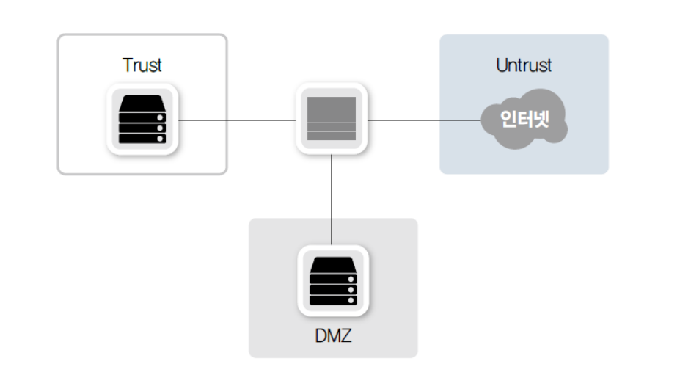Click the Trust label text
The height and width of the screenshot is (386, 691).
point(142,65)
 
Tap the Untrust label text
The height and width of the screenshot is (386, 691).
point(524,65)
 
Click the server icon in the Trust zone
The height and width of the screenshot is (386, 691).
point(142,119)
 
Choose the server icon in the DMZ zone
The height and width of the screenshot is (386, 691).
point(332,280)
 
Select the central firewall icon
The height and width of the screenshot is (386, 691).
point(332,119)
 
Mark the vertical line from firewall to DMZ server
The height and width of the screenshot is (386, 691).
point(332,198)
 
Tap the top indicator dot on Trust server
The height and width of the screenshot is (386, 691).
point(160,117)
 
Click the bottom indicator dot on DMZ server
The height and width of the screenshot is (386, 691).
point(351,300)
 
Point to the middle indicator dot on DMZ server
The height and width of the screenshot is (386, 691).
point(351,290)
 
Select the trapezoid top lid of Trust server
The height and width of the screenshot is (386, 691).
point(142,102)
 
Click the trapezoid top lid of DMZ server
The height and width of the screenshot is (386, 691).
point(332,263)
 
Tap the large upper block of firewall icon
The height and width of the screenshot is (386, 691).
point(332,109)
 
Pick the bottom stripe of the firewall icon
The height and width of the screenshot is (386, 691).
point(332,137)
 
